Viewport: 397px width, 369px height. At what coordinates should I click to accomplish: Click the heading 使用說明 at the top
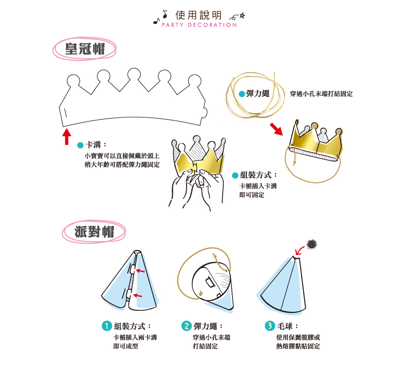tap(198, 15)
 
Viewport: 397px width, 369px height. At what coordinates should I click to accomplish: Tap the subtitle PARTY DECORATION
tap(199, 25)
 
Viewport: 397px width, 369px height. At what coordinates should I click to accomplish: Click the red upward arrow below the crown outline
tap(67, 137)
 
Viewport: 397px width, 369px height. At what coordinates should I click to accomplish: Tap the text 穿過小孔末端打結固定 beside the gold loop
tap(321, 94)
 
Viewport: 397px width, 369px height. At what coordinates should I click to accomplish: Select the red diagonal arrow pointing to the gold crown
tap(277, 129)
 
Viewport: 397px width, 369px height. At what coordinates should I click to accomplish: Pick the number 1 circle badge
tap(106, 326)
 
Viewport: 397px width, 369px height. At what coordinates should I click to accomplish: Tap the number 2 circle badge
tap(187, 326)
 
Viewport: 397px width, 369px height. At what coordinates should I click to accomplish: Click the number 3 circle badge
tap(270, 326)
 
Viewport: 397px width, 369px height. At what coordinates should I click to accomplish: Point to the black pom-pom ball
tap(311, 243)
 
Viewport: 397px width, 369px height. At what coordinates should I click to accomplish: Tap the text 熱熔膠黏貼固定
tap(298, 346)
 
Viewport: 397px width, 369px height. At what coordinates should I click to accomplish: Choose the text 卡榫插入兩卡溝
tap(135, 337)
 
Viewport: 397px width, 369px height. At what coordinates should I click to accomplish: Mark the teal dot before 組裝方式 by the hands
tap(235, 175)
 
